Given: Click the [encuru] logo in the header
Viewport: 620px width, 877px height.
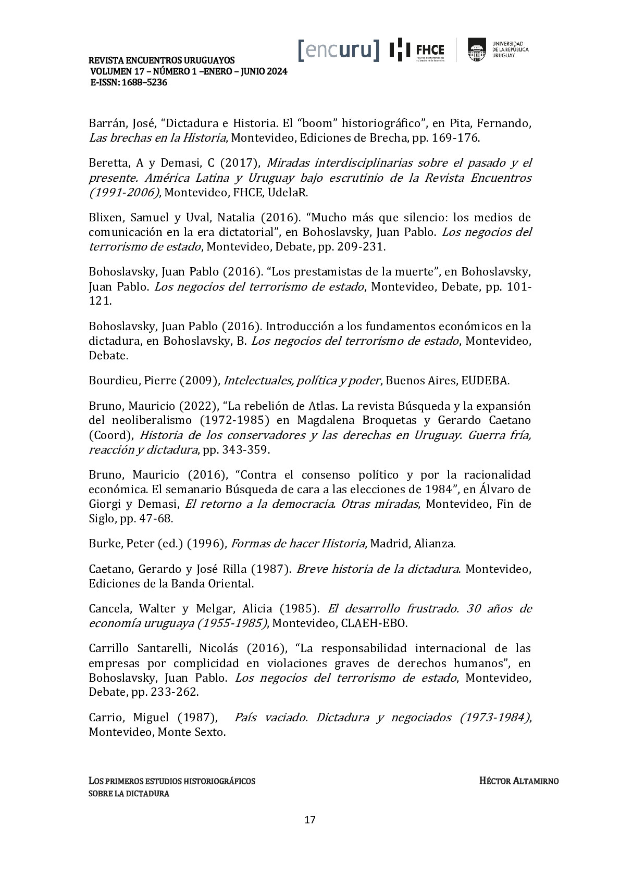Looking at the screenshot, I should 339,49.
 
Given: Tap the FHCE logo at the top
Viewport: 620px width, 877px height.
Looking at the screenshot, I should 417,50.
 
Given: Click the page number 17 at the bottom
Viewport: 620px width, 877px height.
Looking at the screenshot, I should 309,820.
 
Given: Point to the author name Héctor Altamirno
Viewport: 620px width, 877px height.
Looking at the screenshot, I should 518,781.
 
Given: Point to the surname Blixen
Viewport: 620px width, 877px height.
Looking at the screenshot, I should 105,217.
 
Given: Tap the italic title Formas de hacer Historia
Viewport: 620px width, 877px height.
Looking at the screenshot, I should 297,544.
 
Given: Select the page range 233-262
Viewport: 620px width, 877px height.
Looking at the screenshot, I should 174,693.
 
